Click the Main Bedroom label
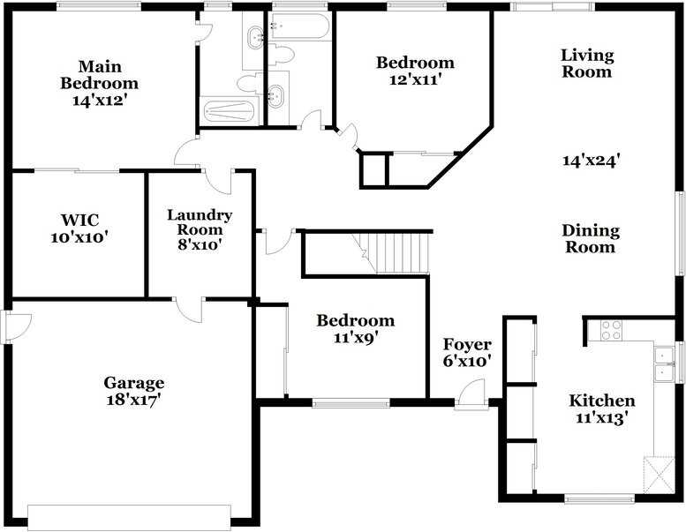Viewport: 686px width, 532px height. pyautogui.click(x=99, y=75)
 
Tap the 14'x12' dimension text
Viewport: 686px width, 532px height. pyautogui.click(x=100, y=101)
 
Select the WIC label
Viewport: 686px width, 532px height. pyautogui.click(x=79, y=220)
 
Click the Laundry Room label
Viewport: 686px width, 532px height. pyautogui.click(x=200, y=222)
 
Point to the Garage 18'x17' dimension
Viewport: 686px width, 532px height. pyautogui.click(x=133, y=400)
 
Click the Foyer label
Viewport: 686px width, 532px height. pyautogui.click(x=467, y=344)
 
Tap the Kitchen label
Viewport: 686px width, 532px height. pyautogui.click(x=601, y=401)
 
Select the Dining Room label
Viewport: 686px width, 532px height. pyautogui.click(x=591, y=239)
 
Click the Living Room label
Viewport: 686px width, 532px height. pyautogui.click(x=587, y=64)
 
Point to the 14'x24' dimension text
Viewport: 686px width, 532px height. pyautogui.click(x=591, y=161)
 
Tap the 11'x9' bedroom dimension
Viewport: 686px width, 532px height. pyautogui.click(x=355, y=336)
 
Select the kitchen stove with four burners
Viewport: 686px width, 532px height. pyautogui.click(x=611, y=331)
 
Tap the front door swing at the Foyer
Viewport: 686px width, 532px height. pyautogui.click(x=473, y=393)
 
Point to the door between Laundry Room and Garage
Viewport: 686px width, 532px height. pyautogui.click(x=190, y=310)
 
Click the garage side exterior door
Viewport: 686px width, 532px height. pyautogui.click(x=16, y=326)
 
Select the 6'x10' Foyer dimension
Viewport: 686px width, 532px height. pyautogui.click(x=467, y=361)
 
